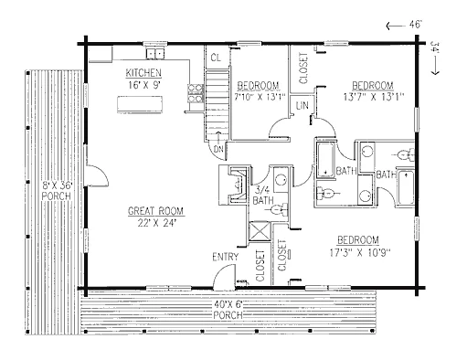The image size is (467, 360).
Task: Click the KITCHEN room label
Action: click(143, 73)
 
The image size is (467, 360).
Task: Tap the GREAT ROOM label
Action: click(155, 211)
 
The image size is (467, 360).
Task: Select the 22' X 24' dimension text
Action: click(156, 223)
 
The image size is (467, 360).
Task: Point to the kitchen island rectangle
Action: click(140, 104)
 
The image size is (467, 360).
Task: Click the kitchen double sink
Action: click(155, 54)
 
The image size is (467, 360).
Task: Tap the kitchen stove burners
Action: click(196, 93)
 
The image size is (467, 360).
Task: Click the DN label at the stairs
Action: click(218, 150)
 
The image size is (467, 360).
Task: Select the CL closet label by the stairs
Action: click(216, 58)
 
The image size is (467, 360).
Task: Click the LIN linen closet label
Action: click(302, 105)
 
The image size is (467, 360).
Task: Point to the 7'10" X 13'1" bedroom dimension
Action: click(260, 97)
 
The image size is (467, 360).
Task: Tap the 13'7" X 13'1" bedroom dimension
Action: click(374, 97)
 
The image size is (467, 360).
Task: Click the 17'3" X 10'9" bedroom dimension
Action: click(360, 252)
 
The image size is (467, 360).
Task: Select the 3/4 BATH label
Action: click(263, 196)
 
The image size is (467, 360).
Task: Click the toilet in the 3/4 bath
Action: click(279, 209)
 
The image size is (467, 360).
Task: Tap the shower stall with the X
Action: click(260, 231)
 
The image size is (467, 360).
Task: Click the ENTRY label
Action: click(226, 257)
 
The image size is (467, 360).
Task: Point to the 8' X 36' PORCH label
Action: click(57, 190)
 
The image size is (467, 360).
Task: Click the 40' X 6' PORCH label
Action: click(228, 309)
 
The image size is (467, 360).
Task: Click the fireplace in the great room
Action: click(233, 185)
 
